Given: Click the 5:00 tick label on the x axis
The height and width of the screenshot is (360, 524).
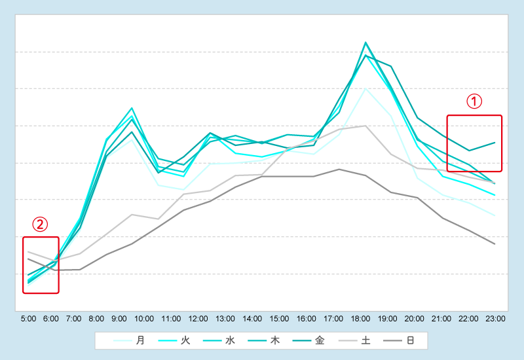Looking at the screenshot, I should pyautogui.click(x=28, y=319).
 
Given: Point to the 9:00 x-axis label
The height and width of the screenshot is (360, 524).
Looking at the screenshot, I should pyautogui.click(x=119, y=319).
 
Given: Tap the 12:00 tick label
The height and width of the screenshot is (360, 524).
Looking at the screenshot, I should pyautogui.click(x=198, y=319).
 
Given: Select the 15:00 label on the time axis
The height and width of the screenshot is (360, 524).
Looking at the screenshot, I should pyautogui.click(x=279, y=319).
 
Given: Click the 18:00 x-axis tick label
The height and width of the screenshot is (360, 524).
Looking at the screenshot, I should pyautogui.click(x=360, y=319).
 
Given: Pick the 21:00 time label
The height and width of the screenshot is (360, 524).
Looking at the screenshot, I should pyautogui.click(x=441, y=319).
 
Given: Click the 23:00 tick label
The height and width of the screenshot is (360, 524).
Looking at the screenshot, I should pyautogui.click(x=495, y=319).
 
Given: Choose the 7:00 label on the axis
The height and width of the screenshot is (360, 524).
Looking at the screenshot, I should pyautogui.click(x=73, y=319).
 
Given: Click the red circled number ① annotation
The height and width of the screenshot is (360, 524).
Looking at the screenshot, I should pyautogui.click(x=474, y=101).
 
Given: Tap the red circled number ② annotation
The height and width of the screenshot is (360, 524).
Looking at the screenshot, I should pyautogui.click(x=41, y=225).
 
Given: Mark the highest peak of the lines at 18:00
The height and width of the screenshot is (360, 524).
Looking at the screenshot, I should pyautogui.click(x=365, y=43).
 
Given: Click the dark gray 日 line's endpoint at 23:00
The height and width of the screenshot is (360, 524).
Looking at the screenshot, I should pyautogui.click(x=495, y=244).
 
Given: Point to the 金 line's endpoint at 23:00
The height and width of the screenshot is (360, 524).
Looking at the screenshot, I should pyautogui.click(x=495, y=142).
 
